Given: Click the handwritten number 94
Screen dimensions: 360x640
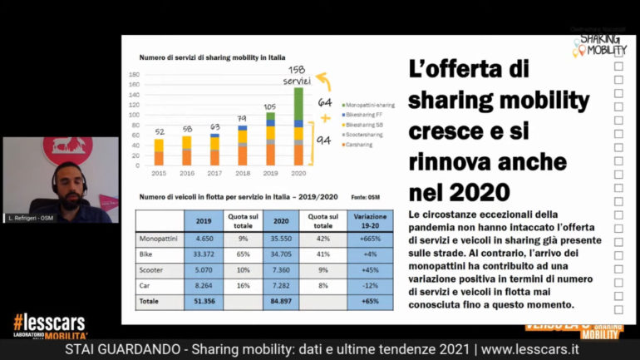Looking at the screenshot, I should tap(324, 141).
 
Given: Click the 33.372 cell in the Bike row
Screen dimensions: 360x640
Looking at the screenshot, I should tap(202, 254).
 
